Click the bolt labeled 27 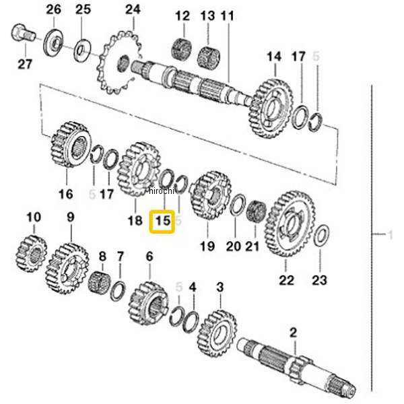[23, 33]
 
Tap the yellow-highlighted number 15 [162, 222]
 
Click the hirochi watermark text [162, 191]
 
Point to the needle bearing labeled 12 [182, 49]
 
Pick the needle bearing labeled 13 [209, 58]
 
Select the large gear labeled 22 [290, 224]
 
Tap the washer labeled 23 [322, 235]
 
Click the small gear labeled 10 [32, 253]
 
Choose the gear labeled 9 [67, 268]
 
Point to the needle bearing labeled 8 [100, 283]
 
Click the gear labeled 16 [71, 145]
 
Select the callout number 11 [228, 15]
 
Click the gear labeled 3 [217, 333]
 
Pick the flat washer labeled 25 [82, 50]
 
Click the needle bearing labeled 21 [256, 211]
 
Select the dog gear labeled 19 [211, 195]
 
